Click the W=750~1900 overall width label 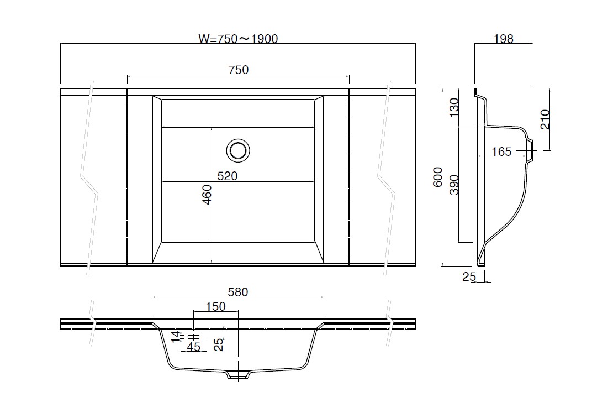tap(238, 39)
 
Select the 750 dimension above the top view tap(239, 70)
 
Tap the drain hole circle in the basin tap(238, 150)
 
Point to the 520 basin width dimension tap(228, 176)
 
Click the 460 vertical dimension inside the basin tap(207, 195)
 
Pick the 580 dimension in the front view tap(238, 292)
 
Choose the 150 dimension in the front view tap(215, 306)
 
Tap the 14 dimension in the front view tap(176, 336)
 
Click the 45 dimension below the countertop tap(194, 347)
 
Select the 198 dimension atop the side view tap(504, 39)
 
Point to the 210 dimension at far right tap(545, 119)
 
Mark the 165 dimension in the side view tap(501, 151)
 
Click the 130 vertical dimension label tap(454, 107)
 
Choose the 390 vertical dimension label tap(454, 185)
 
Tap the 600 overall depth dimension tap(437, 177)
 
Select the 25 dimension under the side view tap(469, 276)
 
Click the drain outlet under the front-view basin tap(238, 374)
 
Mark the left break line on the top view tap(90, 177)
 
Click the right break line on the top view tap(387, 177)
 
